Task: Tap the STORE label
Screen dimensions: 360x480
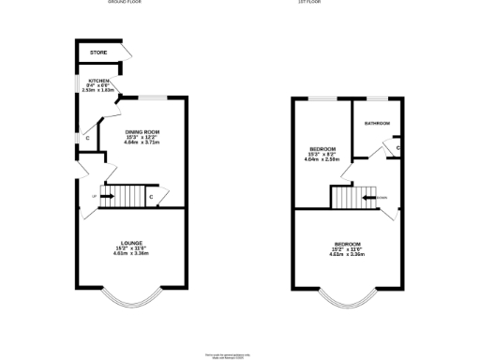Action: click(x=98, y=53)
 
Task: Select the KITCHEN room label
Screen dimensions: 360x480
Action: click(x=95, y=82)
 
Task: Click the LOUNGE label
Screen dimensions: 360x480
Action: click(x=130, y=242)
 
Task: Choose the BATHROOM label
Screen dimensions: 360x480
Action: click(x=377, y=124)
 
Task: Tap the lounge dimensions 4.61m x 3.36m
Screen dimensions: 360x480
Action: click(x=130, y=253)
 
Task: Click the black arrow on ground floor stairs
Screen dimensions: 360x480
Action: click(x=106, y=197)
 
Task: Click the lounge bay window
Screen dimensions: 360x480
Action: click(x=130, y=298)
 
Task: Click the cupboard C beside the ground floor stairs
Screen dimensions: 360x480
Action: click(x=151, y=197)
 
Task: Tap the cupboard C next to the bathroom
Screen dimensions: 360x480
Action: click(x=397, y=148)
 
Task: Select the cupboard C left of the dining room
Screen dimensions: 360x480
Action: click(x=87, y=139)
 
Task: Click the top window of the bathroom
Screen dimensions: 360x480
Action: click(x=378, y=97)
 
